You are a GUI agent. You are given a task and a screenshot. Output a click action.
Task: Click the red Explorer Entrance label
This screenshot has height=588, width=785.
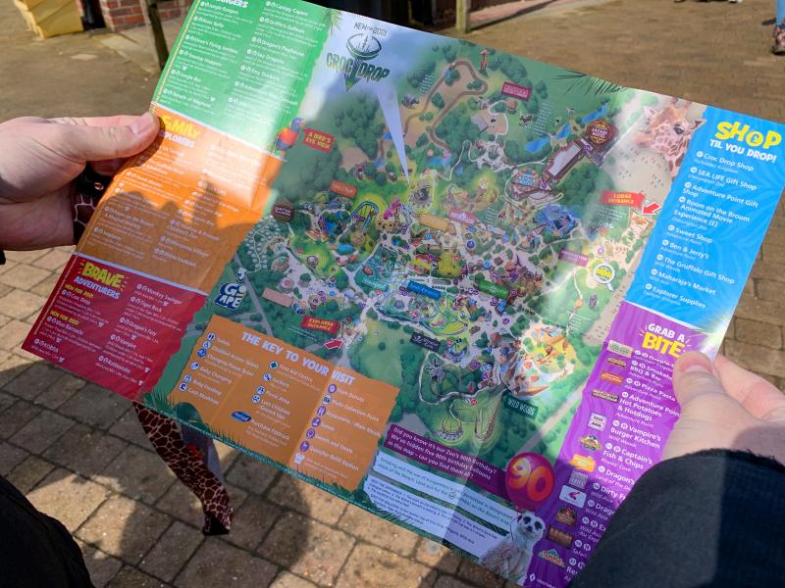319,325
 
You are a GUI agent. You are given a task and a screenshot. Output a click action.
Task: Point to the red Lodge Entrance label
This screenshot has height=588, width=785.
620,198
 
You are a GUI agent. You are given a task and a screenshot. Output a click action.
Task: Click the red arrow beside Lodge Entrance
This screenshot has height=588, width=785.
650,207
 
